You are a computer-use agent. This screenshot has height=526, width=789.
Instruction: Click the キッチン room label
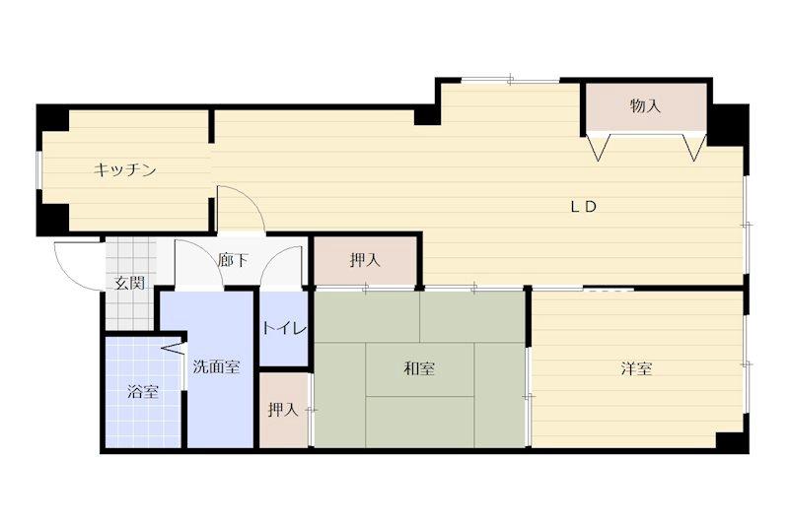tap(125, 170)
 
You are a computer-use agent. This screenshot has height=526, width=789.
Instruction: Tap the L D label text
tap(585, 207)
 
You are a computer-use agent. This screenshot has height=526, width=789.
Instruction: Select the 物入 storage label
tap(645, 106)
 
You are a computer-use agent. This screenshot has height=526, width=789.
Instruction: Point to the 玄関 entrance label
tap(129, 284)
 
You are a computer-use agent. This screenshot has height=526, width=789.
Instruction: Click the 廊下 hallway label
tap(234, 261)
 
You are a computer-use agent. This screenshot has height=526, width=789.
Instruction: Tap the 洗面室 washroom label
tap(215, 367)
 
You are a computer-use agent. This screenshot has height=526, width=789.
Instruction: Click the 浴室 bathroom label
tap(143, 392)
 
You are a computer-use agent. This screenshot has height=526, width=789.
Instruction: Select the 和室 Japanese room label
tap(419, 368)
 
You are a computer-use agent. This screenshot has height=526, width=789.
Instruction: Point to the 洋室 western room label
tap(636, 368)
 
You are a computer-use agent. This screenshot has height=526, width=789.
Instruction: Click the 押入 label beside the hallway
tap(365, 261)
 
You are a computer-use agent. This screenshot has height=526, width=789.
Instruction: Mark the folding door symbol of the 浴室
tap(175, 347)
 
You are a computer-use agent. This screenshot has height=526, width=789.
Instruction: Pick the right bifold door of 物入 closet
tap(694, 148)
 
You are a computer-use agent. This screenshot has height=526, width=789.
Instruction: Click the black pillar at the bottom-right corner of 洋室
tap(731, 441)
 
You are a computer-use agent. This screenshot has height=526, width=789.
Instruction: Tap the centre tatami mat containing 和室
tap(419, 368)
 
